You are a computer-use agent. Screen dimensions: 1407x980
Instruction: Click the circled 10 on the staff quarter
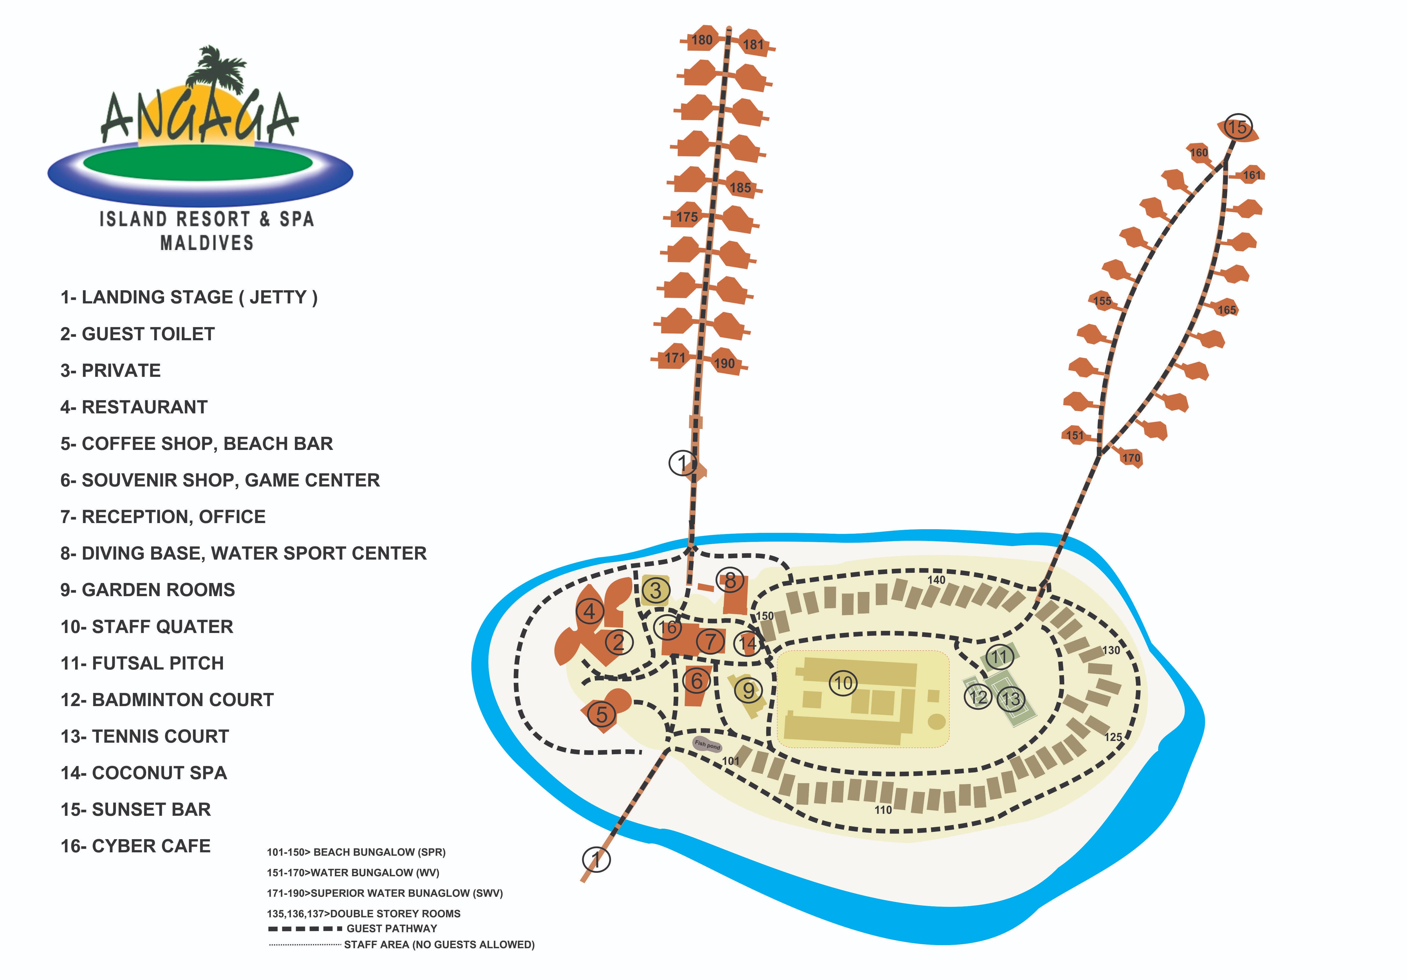843,683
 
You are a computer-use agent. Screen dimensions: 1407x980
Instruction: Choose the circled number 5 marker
602,714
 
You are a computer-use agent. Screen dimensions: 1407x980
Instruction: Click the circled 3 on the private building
656,591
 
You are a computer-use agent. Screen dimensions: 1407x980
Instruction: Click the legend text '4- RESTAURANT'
134,407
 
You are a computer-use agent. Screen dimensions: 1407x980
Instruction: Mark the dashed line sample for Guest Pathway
305,929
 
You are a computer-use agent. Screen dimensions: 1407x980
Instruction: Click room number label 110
883,810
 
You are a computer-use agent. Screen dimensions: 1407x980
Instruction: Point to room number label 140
936,580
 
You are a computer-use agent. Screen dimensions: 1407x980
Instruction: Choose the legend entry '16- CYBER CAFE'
135,846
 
